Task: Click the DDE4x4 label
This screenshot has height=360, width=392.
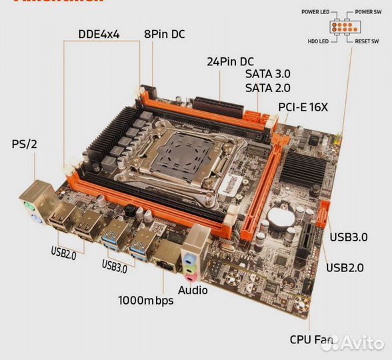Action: pyautogui.click(x=99, y=34)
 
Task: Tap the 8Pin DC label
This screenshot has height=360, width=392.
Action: pyautogui.click(x=165, y=34)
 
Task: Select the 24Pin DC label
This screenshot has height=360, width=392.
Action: pyautogui.click(x=231, y=61)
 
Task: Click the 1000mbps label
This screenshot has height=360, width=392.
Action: pyautogui.click(x=145, y=300)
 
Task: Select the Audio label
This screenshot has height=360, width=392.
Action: pyautogui.click(x=193, y=290)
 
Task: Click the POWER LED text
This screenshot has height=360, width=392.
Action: pyautogui.click(x=315, y=12)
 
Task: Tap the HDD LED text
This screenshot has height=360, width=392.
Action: pyautogui.click(x=317, y=41)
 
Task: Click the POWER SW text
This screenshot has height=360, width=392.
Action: pyautogui.click(x=368, y=12)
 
